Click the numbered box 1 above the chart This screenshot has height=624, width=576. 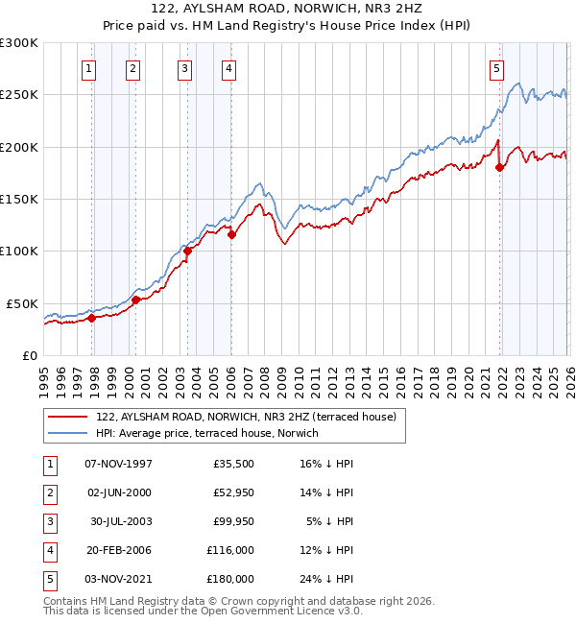(88, 68)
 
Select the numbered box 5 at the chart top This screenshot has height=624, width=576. (496, 68)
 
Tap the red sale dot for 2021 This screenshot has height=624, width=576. (500, 168)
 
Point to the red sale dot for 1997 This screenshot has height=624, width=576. (92, 319)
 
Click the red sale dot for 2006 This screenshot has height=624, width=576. (231, 234)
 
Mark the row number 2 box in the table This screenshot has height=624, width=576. (48, 492)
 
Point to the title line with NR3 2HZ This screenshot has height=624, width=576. (288, 8)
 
